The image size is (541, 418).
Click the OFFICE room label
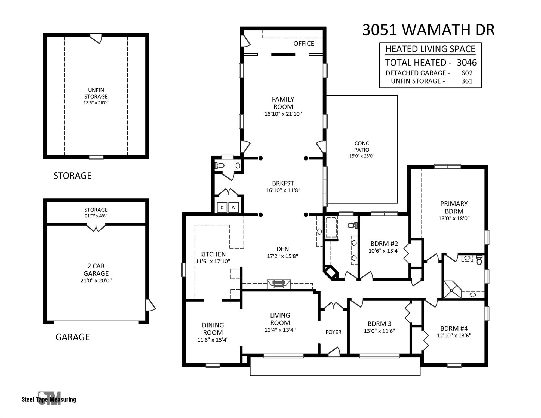pyautogui.click(x=304, y=44)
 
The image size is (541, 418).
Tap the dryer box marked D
pyautogui.click(x=222, y=207)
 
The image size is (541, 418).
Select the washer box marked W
pyautogui.click(x=233, y=207)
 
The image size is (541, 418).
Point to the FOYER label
pyautogui.click(x=333, y=332)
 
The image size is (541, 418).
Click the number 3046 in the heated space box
pyautogui.click(x=467, y=63)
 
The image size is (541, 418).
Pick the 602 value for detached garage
pyautogui.click(x=467, y=73)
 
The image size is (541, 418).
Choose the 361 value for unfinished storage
pyautogui.click(x=467, y=81)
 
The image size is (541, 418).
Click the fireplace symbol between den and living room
pyautogui.click(x=279, y=284)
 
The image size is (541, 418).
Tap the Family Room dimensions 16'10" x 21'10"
pyautogui.click(x=283, y=114)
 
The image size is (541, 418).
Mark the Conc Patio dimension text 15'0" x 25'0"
pyautogui.click(x=362, y=156)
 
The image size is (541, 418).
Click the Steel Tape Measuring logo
pyautogui.click(x=49, y=398)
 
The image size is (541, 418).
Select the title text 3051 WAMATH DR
pyautogui.click(x=428, y=30)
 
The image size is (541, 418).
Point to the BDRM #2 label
pyautogui.click(x=384, y=244)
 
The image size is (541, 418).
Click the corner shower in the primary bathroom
pyautogui.click(x=453, y=289)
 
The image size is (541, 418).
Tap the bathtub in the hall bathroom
pyautogui.click(x=331, y=227)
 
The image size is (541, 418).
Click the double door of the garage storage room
pyautogui.click(x=96, y=227)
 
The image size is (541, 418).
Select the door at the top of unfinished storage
pyautogui.click(x=96, y=38)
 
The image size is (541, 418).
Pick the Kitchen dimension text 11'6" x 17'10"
pyautogui.click(x=213, y=261)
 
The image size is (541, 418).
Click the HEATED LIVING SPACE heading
pyautogui.click(x=430, y=49)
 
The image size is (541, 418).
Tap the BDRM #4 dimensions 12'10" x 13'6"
pyautogui.click(x=454, y=336)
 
